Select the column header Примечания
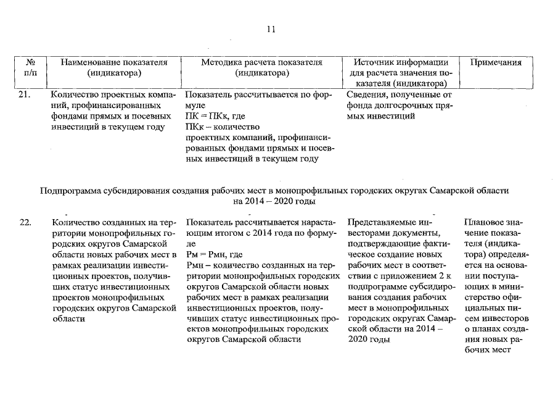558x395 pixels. [x=496, y=62]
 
